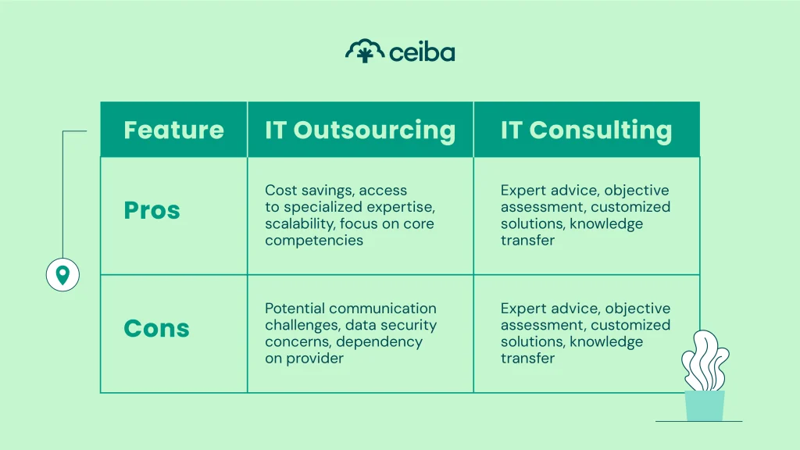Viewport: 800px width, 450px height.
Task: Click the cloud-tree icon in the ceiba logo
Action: pyautogui.click(x=364, y=52)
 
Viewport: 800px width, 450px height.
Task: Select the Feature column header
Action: pyautogui.click(x=173, y=130)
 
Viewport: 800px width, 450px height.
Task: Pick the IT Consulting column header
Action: pyautogui.click(x=586, y=130)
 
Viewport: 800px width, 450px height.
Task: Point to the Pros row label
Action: pyautogui.click(x=152, y=210)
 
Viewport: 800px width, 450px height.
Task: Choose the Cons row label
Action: pyautogui.click(x=156, y=328)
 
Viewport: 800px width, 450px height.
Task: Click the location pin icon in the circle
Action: pyautogui.click(x=62, y=275)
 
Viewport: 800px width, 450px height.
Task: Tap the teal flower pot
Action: pyautogui.click(x=704, y=405)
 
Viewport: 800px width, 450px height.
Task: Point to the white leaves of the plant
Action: pyautogui.click(x=705, y=359)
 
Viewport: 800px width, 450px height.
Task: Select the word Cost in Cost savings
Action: pyautogui.click(x=280, y=190)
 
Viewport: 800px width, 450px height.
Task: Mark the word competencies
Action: pyautogui.click(x=314, y=241)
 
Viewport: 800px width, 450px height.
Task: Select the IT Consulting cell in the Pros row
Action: pyautogui.click(x=585, y=215)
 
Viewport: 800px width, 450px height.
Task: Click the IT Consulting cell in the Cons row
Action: pyautogui.click(x=585, y=334)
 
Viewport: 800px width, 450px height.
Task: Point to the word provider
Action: pyautogui.click(x=316, y=359)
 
